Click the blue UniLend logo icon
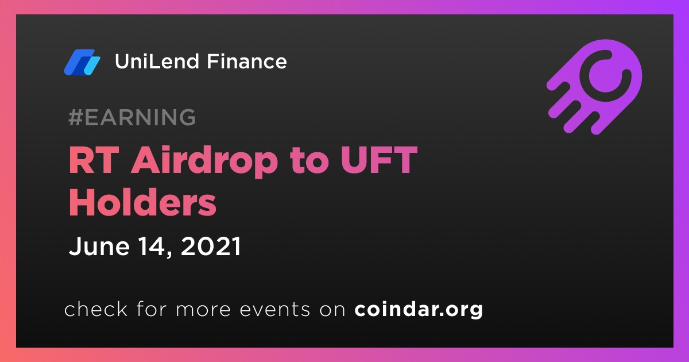pos(82,62)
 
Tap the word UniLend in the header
pos(157,61)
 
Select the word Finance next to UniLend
pos(247,61)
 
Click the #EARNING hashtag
pos(132,117)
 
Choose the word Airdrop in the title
pos(204,162)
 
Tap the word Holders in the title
pos(143,202)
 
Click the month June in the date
pos(99,246)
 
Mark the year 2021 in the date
pos(211,246)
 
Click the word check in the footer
pos(96,309)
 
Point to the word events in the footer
pos(275,309)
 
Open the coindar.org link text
pos(419,310)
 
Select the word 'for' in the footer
pos(152,309)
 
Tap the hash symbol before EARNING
pos(76,117)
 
